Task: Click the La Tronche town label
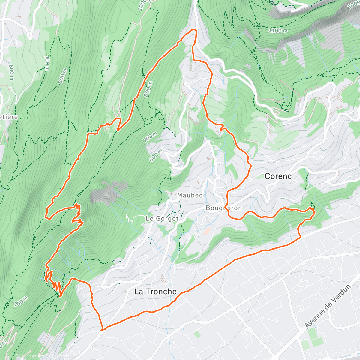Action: click(155, 292)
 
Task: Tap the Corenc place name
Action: click(278, 176)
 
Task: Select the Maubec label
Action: click(190, 195)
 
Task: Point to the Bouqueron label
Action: click(223, 208)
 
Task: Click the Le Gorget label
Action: click(162, 219)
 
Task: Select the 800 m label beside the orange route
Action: click(148, 89)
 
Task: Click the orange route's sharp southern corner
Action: click(102, 330)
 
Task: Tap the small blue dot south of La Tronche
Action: click(183, 329)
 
